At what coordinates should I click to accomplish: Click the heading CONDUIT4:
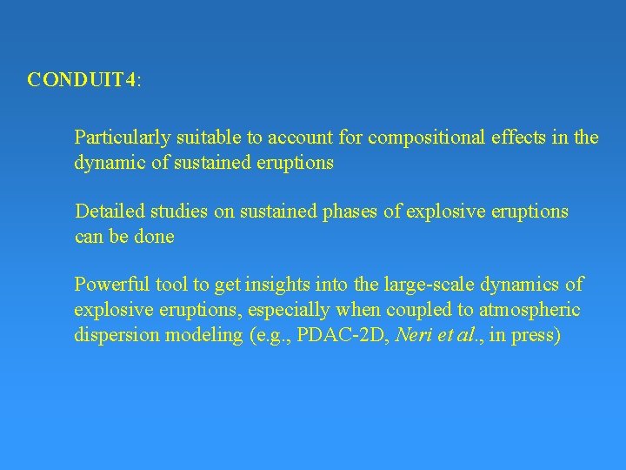click(x=84, y=80)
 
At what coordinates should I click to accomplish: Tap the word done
click(x=156, y=237)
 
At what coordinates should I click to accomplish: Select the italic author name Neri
click(x=414, y=335)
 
